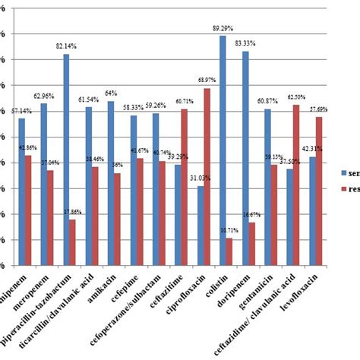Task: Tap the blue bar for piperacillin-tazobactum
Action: pyautogui.click(x=66, y=159)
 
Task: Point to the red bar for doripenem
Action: pyautogui.click(x=251, y=244)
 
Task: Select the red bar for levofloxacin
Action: pyautogui.click(x=318, y=191)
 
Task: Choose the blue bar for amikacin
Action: pyautogui.click(x=111, y=183)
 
